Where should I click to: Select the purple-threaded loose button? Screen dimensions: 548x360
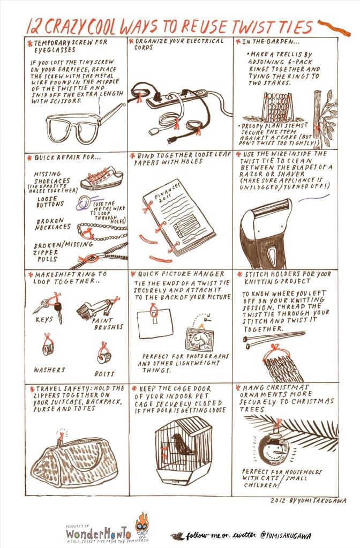point(82,202)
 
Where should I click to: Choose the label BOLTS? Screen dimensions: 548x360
point(106,371)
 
